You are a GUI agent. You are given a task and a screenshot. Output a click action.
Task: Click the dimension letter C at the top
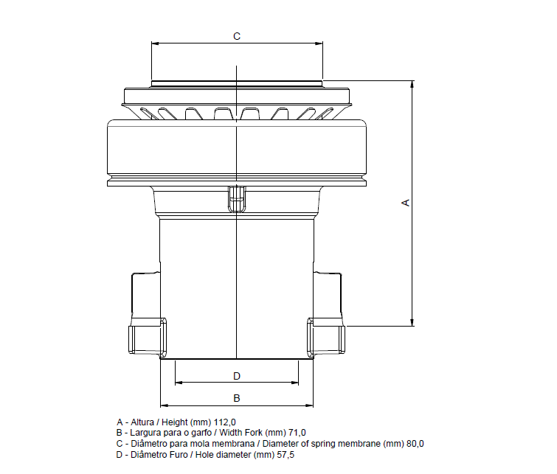point(236,35)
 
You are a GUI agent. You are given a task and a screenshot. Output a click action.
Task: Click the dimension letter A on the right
point(405,202)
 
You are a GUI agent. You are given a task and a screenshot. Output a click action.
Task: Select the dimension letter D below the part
point(237,376)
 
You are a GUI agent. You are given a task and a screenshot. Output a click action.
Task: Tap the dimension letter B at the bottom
point(237,398)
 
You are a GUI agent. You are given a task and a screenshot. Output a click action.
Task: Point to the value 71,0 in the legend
point(296,433)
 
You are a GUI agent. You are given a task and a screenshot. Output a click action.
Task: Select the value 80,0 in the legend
point(412,444)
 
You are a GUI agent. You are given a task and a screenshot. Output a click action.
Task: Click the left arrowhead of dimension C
point(153,43)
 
